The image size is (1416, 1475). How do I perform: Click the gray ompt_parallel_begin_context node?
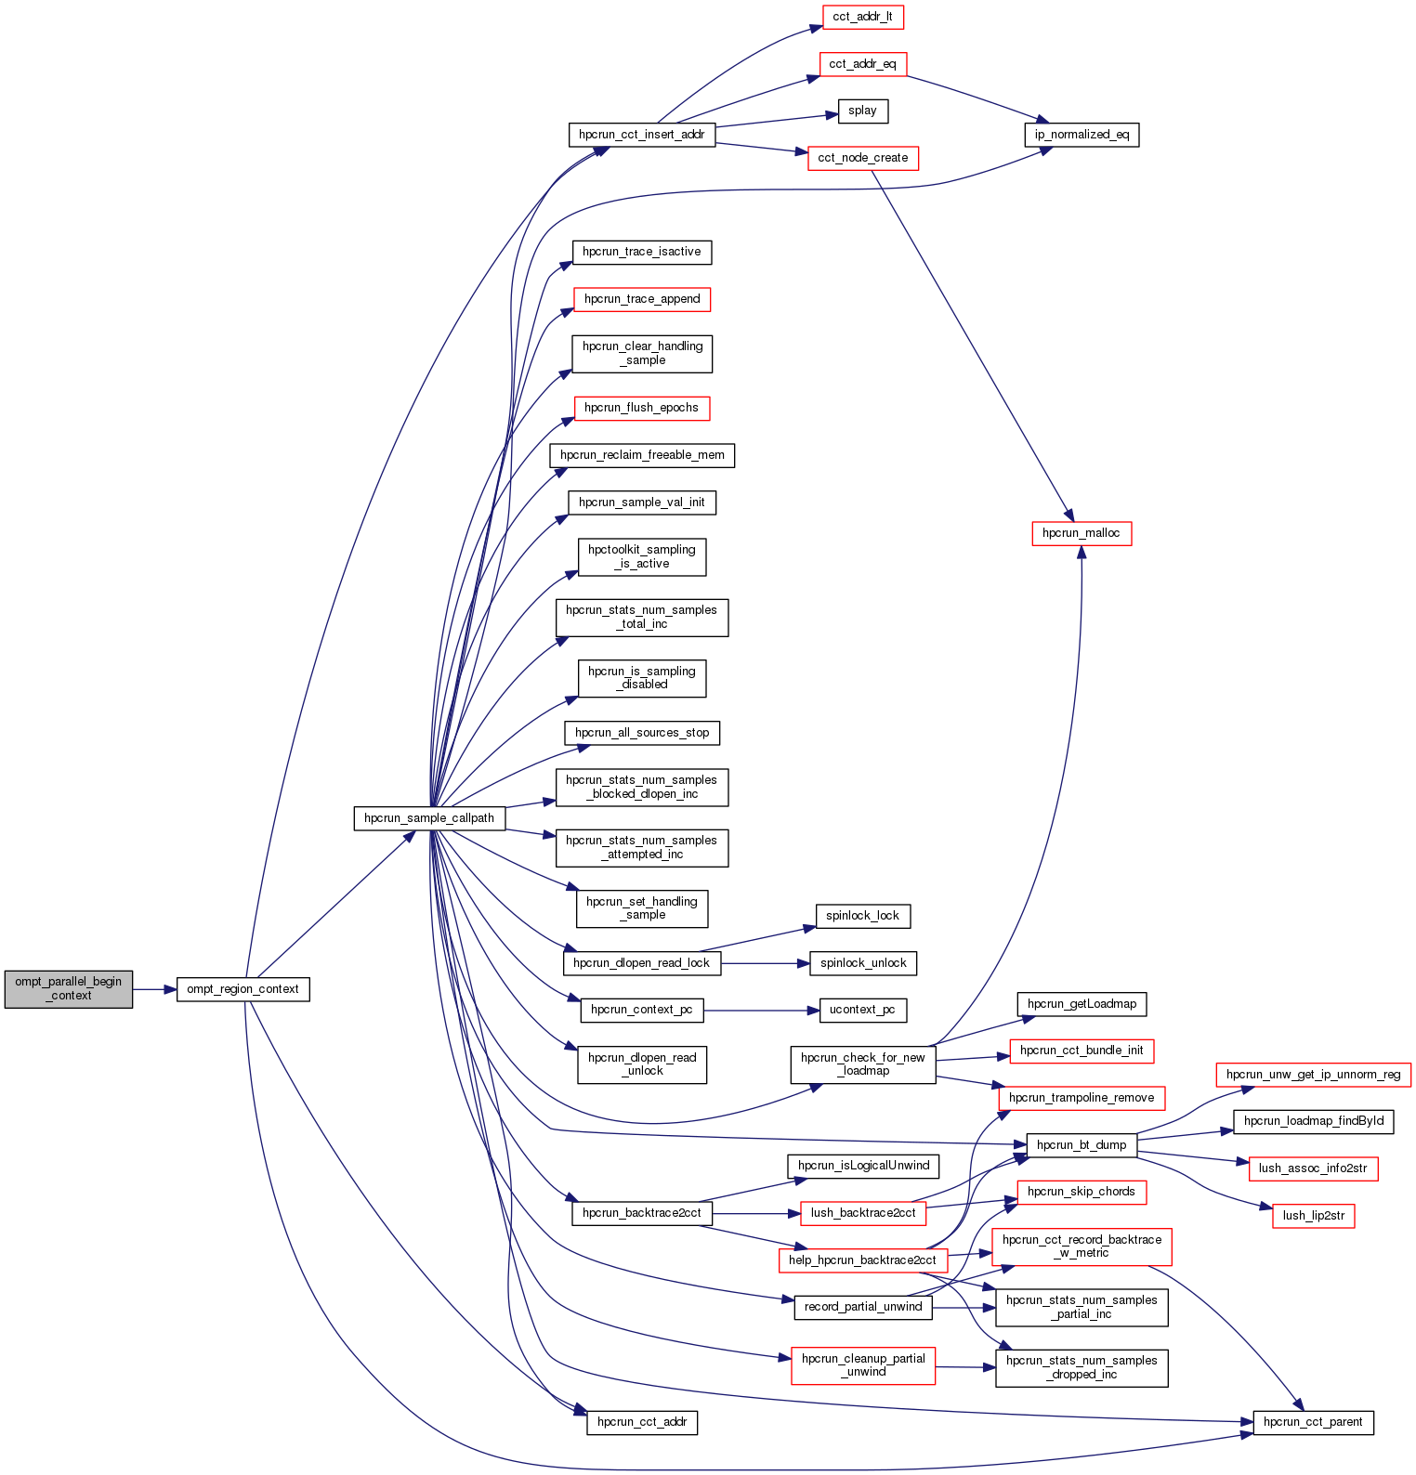click(69, 989)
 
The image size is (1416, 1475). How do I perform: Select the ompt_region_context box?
click(243, 989)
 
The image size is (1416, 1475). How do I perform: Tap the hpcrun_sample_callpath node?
click(429, 818)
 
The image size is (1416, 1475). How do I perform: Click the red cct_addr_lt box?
click(862, 17)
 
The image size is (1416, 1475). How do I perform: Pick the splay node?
click(862, 111)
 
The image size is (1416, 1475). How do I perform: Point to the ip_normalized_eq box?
click(1082, 135)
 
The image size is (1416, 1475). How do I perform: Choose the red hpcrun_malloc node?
click(1082, 533)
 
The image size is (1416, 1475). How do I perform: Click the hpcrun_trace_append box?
click(642, 299)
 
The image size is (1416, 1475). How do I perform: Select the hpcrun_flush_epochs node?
click(641, 408)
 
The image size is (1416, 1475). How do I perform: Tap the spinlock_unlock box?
click(863, 963)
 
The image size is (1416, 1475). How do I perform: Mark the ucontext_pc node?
click(862, 1010)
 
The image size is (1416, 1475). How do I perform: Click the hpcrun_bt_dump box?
click(1082, 1145)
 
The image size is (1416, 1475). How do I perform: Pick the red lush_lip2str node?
click(1313, 1216)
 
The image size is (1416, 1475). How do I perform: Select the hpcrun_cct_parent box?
click(1313, 1422)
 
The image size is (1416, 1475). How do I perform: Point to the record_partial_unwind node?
click(863, 1307)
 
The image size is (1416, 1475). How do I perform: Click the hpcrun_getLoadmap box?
click(1082, 1004)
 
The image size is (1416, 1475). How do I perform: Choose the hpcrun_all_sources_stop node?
click(642, 733)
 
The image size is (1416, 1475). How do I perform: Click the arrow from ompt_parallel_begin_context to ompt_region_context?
click(154, 989)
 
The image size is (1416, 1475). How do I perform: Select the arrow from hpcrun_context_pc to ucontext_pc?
click(762, 1010)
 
